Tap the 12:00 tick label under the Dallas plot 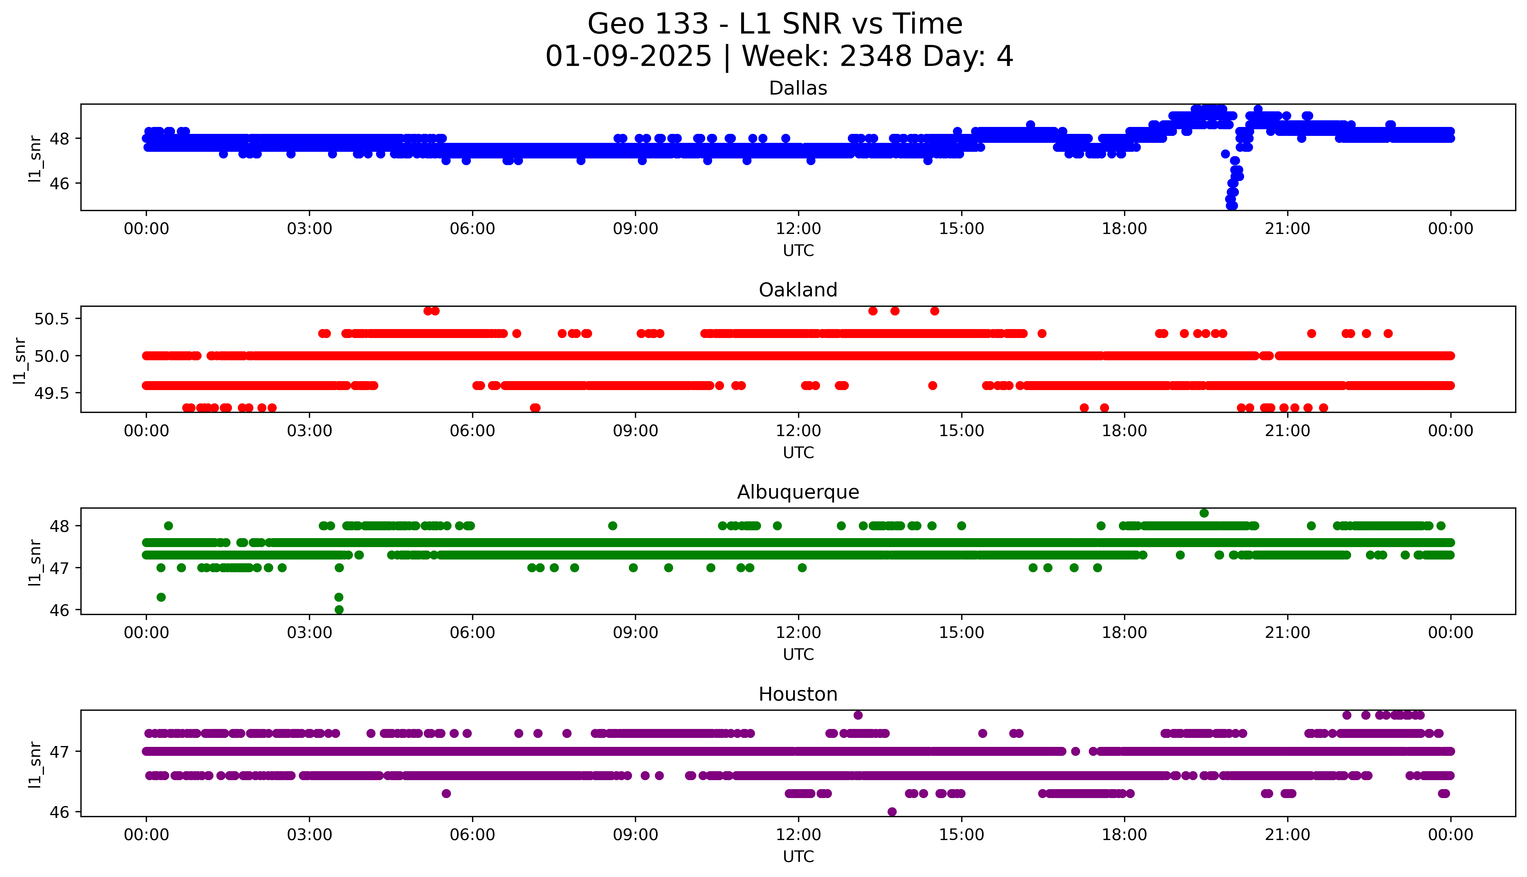click(798, 229)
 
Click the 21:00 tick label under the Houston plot click(1287, 835)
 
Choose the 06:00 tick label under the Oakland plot click(472, 431)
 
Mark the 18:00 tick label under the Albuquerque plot click(1124, 632)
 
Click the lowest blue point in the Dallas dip click(1232, 205)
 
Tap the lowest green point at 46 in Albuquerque click(339, 610)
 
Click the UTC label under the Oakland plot click(798, 452)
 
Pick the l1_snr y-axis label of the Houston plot click(35, 764)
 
